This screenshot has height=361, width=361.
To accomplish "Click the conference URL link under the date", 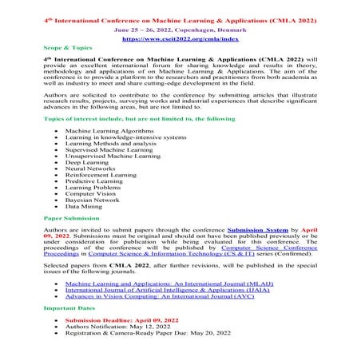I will click(180, 38).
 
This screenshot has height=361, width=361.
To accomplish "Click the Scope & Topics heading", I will click(67, 48).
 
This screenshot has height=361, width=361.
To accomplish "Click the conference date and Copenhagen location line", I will click(180, 27).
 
